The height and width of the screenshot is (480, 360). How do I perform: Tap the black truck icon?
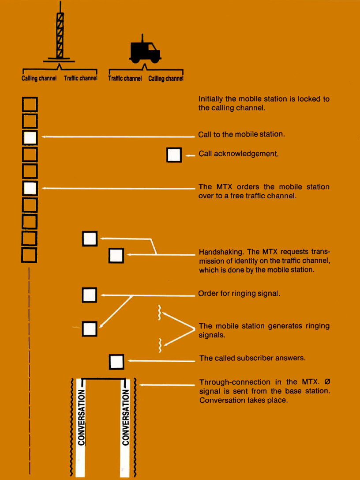[x=145, y=50]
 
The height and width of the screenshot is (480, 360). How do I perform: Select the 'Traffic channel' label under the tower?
[x=80, y=79]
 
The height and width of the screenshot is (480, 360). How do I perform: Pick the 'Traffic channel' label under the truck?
[x=125, y=79]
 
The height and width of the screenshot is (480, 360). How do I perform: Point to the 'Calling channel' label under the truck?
[x=166, y=79]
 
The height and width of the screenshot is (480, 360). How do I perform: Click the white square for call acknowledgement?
[x=174, y=155]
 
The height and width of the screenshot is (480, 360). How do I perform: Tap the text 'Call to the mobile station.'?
[x=241, y=134]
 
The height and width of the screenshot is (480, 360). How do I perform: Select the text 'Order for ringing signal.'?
[x=239, y=294]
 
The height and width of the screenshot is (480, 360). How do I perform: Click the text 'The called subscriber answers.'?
[x=252, y=358]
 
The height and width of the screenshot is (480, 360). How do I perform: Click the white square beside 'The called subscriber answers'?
[x=116, y=362]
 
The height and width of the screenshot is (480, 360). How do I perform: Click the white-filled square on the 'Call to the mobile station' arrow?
[x=29, y=138]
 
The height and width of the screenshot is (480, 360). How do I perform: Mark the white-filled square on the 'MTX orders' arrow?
[x=29, y=189]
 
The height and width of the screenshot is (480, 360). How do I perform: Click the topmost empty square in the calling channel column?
[x=29, y=104]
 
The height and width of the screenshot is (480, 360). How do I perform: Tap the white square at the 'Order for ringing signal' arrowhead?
[x=90, y=295]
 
